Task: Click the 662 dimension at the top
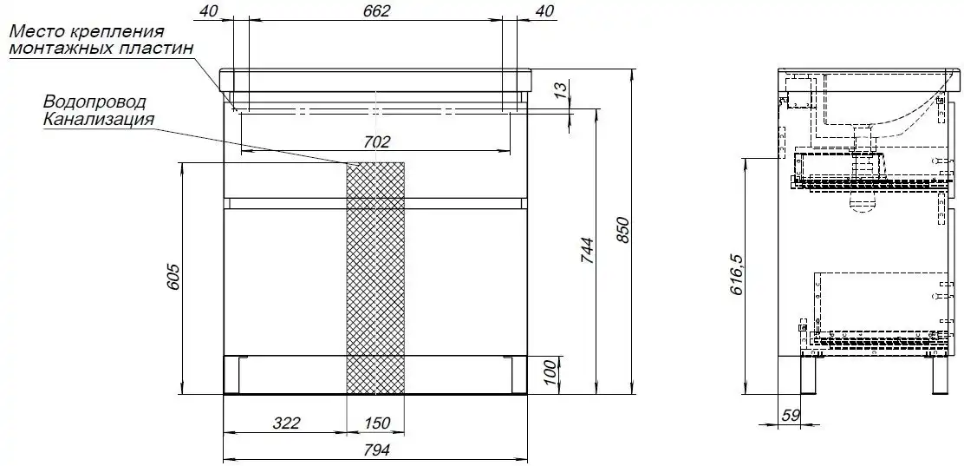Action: click(376, 11)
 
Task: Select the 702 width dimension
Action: click(376, 142)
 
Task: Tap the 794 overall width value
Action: click(375, 450)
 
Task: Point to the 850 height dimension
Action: click(623, 230)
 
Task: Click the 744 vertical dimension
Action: click(587, 251)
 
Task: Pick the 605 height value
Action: click(173, 278)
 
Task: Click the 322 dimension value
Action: click(286, 423)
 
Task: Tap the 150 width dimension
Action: click(376, 423)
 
